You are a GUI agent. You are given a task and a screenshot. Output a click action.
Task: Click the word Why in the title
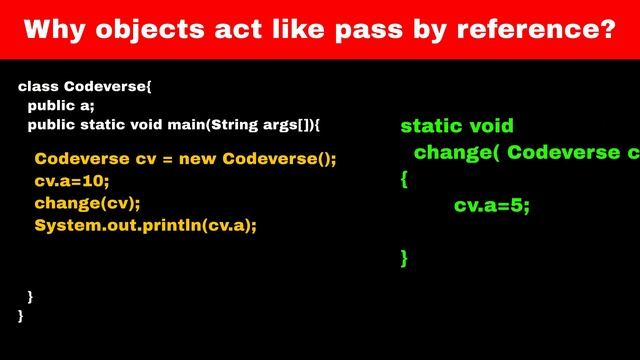click(x=51, y=30)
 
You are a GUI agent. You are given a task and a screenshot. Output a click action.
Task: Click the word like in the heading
click(x=317, y=30)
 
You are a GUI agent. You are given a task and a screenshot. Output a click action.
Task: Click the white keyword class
click(x=37, y=87)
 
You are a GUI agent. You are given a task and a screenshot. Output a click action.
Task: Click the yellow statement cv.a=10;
click(x=71, y=181)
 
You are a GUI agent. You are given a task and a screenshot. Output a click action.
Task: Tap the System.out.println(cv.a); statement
click(x=146, y=225)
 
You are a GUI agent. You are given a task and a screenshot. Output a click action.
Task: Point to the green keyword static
click(x=431, y=126)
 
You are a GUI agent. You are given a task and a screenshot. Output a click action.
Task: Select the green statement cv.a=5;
click(x=491, y=205)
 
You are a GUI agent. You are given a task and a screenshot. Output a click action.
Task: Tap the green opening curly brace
click(x=404, y=180)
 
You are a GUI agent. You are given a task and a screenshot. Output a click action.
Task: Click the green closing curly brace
click(x=404, y=258)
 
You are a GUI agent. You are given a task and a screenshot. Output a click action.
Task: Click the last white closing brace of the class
click(x=22, y=315)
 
